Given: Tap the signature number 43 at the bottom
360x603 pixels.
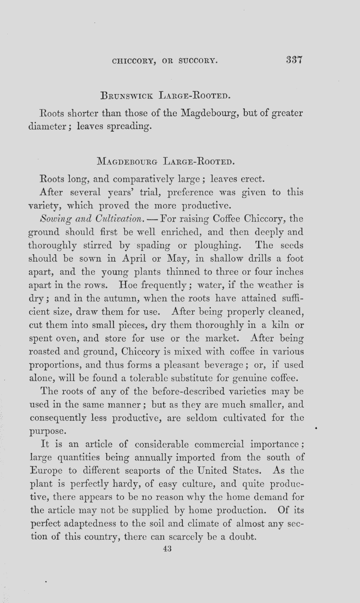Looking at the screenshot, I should [167, 549].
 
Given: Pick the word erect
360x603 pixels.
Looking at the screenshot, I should [252, 179].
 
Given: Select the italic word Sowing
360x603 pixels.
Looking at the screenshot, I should [53, 219].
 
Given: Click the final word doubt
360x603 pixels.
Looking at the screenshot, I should [243, 537].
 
